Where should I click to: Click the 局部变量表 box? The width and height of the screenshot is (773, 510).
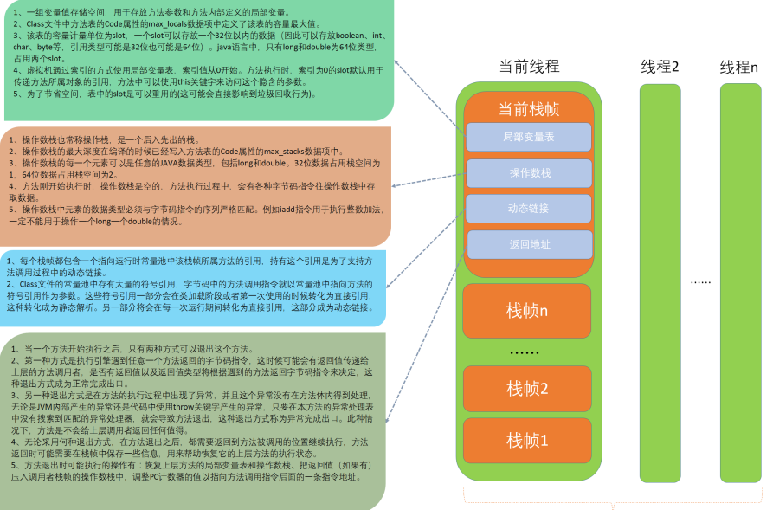[x=528, y=137]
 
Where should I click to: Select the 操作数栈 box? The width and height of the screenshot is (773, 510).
[x=528, y=173]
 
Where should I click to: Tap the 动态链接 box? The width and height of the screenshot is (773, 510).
[x=528, y=209]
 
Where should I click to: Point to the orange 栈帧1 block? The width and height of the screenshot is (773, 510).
[x=527, y=440]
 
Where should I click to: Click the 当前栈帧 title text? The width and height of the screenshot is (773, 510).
[x=528, y=108]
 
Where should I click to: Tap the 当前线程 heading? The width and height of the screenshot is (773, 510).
[x=530, y=66]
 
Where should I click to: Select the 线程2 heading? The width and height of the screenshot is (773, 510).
[x=660, y=67]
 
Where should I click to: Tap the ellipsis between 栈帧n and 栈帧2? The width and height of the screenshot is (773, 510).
[x=524, y=352]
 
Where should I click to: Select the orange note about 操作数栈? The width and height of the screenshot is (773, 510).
[x=197, y=186]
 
